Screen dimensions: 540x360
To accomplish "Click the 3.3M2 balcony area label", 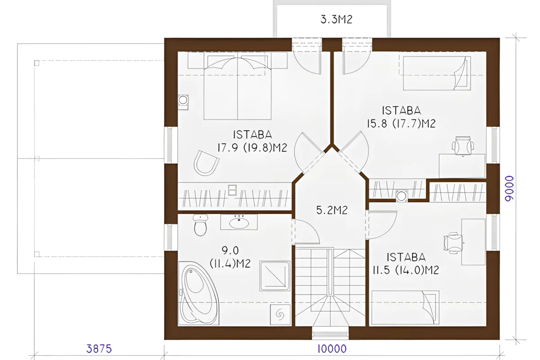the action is tap(336, 19).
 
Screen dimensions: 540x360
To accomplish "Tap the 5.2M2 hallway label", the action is tap(332, 210).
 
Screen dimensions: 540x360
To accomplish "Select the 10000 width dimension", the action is tap(332, 349).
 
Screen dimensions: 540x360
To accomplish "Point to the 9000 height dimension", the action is tap(509, 188).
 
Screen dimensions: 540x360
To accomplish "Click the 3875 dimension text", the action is tap(99, 349).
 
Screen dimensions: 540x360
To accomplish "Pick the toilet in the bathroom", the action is tap(200, 225).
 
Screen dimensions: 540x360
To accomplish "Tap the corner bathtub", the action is tap(198, 293).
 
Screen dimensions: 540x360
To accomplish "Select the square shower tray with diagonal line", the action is tap(274, 276).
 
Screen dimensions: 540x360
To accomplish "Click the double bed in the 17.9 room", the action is tap(238, 86).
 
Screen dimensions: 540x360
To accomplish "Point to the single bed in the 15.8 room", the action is tap(437, 73).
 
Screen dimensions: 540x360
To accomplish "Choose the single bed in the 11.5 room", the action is tap(405, 307).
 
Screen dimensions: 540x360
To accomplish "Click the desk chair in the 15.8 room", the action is tap(463, 146).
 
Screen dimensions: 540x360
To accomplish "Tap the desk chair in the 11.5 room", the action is tap(454, 243).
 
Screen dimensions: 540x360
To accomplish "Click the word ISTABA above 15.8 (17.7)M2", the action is tap(401, 111).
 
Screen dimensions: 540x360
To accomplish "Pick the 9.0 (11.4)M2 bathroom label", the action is tap(230, 257).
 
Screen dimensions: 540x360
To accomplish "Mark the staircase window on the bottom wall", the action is tap(330, 334).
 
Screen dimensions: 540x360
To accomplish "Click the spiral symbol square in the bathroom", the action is tap(280, 315).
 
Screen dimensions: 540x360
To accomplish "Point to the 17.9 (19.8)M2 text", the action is tap(252, 148).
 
